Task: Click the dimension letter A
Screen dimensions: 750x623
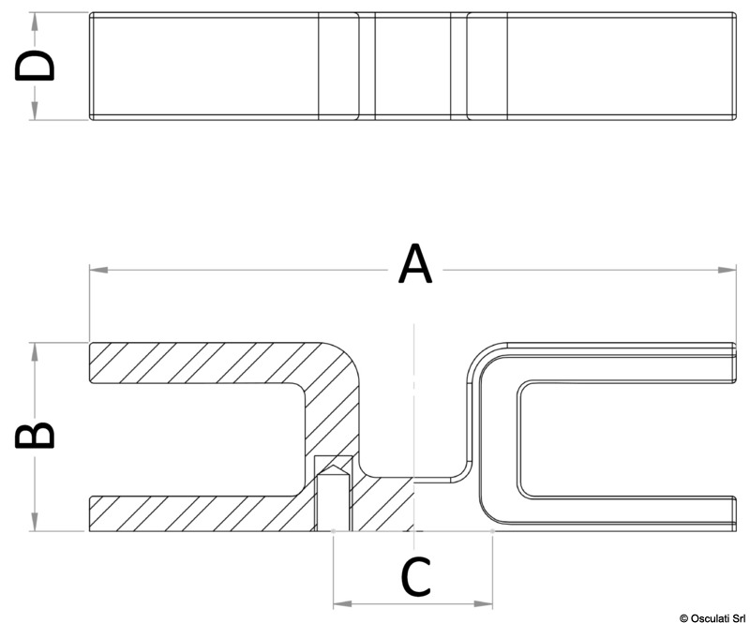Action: [x=415, y=263]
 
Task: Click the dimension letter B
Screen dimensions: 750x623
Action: [x=35, y=435]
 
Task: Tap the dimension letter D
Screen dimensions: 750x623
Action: [x=35, y=65]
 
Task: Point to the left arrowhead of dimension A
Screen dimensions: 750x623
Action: [x=98, y=270]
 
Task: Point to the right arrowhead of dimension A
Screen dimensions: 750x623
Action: [x=727, y=270]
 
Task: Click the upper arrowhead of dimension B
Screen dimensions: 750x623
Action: [x=34, y=351]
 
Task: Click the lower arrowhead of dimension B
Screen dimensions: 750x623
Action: [x=34, y=522]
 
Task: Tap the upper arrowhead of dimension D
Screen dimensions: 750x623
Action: [x=34, y=22]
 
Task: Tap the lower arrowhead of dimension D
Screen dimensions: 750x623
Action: [x=34, y=111]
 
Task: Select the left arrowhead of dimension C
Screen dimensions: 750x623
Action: [x=342, y=604]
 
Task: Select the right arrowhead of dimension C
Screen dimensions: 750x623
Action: [x=484, y=604]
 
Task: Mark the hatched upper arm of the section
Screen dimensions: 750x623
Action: [x=201, y=363]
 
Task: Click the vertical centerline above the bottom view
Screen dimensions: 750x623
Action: [x=414, y=402]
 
